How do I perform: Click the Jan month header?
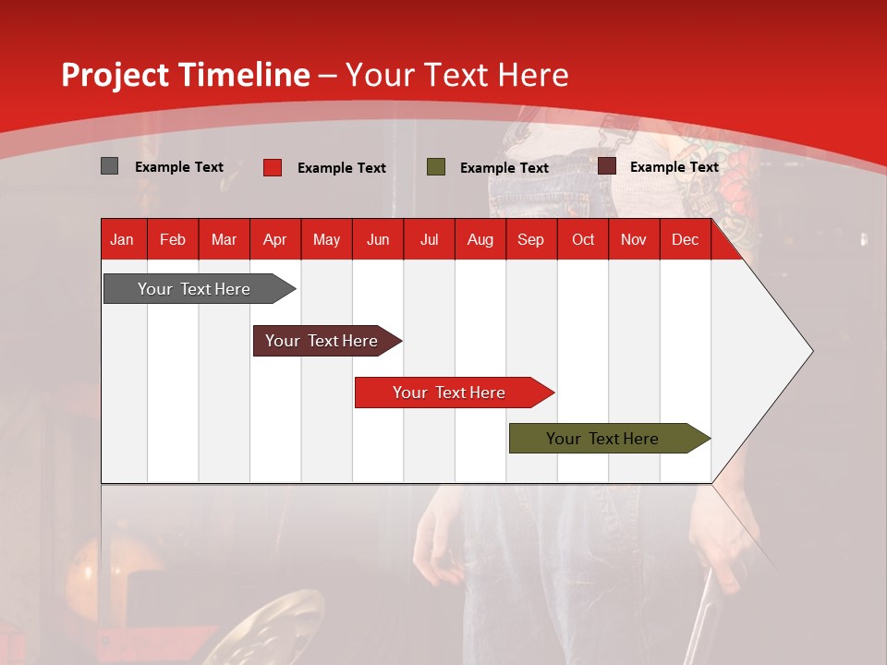122,239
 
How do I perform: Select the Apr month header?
274,239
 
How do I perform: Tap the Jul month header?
429,239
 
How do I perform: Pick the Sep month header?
530,239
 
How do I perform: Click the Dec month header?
685,239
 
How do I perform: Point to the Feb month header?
173,239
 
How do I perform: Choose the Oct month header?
583,239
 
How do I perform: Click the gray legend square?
109,166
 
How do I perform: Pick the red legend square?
272,167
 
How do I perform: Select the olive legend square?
435,167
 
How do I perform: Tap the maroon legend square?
606,166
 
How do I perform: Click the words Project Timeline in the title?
185,75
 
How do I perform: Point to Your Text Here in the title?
456,75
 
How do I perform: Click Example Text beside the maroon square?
674,167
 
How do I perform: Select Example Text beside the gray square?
178,167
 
